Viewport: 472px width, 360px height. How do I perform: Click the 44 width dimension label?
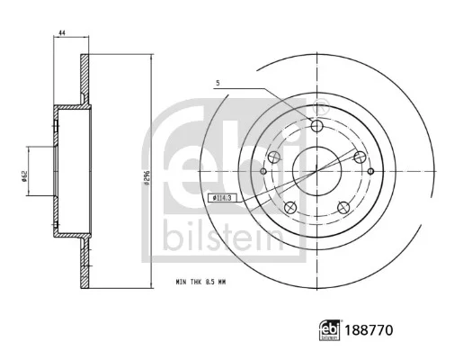pyautogui.click(x=62, y=32)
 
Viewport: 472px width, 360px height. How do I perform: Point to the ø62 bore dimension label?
pyautogui.click(x=24, y=175)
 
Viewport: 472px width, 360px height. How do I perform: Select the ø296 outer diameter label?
pyautogui.click(x=147, y=177)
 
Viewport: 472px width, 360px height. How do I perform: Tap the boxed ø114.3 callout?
pyautogui.click(x=222, y=198)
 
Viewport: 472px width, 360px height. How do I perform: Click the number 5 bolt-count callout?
pyautogui.click(x=218, y=83)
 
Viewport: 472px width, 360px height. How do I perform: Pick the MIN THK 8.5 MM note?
pyautogui.click(x=200, y=283)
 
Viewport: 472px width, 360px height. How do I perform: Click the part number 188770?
pyautogui.click(x=369, y=330)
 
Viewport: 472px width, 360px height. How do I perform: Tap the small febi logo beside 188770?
pyautogui.click(x=330, y=330)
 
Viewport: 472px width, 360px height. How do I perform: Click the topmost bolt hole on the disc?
pyautogui.click(x=316, y=126)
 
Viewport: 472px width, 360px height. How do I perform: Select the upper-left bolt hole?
pyautogui.click(x=273, y=157)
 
